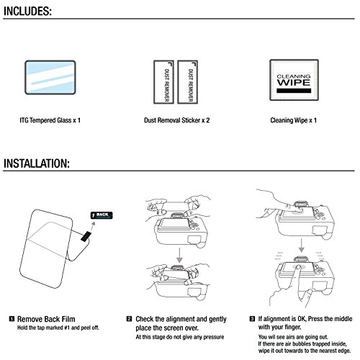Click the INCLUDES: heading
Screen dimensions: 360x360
coord(27,11)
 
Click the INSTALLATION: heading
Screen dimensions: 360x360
coord(37,163)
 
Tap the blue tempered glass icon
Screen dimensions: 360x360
coord(50,77)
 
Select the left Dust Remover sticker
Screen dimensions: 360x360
coord(163,82)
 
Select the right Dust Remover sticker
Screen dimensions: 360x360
coord(187,82)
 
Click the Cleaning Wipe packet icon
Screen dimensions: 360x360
coord(294,80)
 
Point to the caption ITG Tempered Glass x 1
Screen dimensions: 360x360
coord(50,120)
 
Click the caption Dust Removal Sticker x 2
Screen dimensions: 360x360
coord(177,120)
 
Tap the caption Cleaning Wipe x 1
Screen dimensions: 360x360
coord(293,120)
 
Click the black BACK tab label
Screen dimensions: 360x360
coord(102,215)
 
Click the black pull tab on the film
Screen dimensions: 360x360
coord(86,236)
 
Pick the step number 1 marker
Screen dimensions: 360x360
coord(12,319)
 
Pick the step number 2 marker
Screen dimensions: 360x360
coord(129,319)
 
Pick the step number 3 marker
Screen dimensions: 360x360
coord(252,319)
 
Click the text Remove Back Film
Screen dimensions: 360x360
coord(46,319)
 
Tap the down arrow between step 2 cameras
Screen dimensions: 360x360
coord(179,256)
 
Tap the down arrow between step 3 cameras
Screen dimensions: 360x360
coord(301,246)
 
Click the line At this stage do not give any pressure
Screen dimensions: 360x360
coord(180,337)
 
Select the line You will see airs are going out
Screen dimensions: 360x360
coord(293,337)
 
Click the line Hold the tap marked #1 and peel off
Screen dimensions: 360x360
coord(58,328)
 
